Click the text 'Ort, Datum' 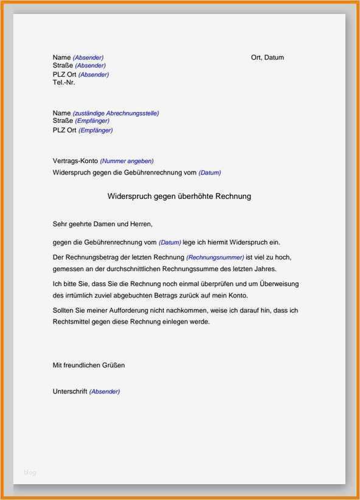(267, 58)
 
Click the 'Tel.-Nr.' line (64, 82)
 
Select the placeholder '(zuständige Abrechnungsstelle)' (116, 114)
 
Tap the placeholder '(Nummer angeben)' (126, 161)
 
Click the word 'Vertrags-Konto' (75, 161)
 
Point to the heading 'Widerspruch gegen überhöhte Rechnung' (179, 196)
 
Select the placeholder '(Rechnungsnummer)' (215, 258)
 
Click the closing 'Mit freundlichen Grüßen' (89, 366)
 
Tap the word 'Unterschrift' (71, 391)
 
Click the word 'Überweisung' (279, 284)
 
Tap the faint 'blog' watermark (30, 473)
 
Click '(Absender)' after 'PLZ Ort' (94, 75)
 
